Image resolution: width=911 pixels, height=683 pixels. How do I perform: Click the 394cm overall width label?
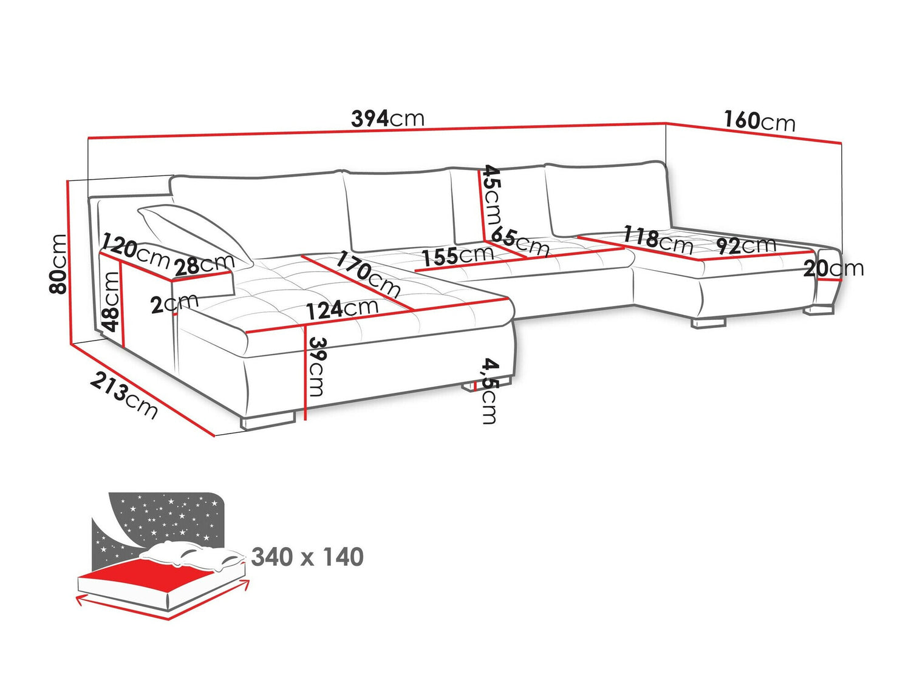pyautogui.click(x=387, y=118)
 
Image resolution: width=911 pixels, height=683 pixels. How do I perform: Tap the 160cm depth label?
pyautogui.click(x=759, y=121)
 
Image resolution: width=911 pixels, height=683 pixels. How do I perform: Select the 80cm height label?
pyautogui.click(x=58, y=263)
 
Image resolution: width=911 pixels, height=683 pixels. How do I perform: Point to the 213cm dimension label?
pyautogui.click(x=124, y=396)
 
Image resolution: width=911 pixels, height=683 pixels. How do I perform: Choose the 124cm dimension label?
pyautogui.click(x=342, y=309)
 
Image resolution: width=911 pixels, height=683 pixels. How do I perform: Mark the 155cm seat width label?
pyautogui.click(x=458, y=256)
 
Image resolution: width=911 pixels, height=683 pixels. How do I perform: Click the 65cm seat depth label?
pyautogui.click(x=520, y=241)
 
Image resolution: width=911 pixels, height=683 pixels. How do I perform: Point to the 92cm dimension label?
pyautogui.click(x=746, y=245)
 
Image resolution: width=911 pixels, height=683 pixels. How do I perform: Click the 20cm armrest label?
pyautogui.click(x=833, y=268)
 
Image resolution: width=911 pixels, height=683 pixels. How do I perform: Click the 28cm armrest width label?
pyautogui.click(x=204, y=264)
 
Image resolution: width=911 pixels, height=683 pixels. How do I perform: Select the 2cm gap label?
pyautogui.click(x=175, y=304)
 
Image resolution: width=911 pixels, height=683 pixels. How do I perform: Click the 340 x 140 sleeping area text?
pyautogui.click(x=307, y=557)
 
